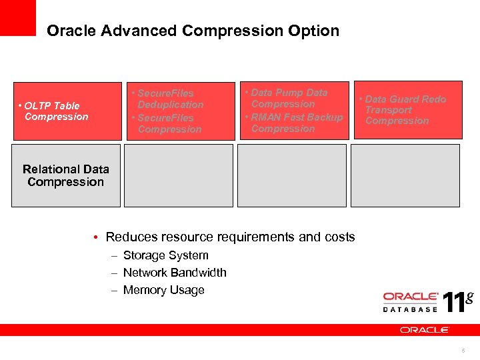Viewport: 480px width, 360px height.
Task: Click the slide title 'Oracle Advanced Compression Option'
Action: pyautogui.click(x=193, y=31)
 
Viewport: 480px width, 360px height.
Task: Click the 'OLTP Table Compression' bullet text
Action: pyautogui.click(x=53, y=111)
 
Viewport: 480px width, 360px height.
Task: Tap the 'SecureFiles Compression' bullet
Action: pyautogui.click(x=167, y=123)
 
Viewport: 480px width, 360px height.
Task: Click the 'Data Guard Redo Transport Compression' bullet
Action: pyautogui.click(x=403, y=109)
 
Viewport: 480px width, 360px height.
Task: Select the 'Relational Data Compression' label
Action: pyautogui.click(x=65, y=175)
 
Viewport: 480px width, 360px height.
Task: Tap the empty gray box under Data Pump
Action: pyautogui.click(x=292, y=175)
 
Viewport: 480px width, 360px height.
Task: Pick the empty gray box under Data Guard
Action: pyautogui.click(x=405, y=175)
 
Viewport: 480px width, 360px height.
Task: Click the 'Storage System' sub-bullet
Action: pyautogui.click(x=165, y=255)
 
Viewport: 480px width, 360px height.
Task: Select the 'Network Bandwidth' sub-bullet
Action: pyautogui.click(x=175, y=273)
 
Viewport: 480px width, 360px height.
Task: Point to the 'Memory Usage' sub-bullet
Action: pyautogui.click(x=163, y=290)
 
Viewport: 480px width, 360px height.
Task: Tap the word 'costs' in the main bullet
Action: pyautogui.click(x=339, y=237)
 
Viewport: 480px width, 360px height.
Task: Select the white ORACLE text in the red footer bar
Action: pyautogui.click(x=425, y=330)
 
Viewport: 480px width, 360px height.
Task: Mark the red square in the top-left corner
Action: pyautogui.click(x=17, y=17)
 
